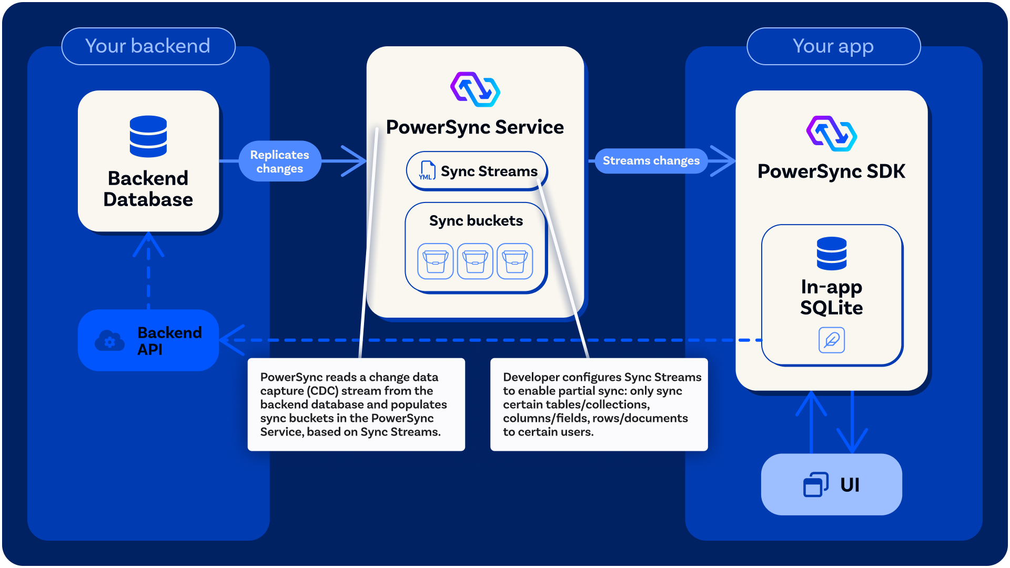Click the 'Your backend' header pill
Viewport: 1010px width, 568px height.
tap(148, 46)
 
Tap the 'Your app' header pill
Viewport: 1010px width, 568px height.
tap(833, 46)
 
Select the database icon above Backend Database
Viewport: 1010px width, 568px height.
tap(148, 136)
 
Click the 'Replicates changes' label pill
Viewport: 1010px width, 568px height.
tap(279, 161)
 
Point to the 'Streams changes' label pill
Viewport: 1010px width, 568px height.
tap(651, 160)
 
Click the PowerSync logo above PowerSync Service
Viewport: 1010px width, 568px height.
tap(475, 89)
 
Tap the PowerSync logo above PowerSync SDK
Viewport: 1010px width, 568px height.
tap(831, 134)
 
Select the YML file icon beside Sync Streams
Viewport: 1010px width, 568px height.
tap(427, 170)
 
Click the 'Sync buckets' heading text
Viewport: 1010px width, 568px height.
tap(476, 220)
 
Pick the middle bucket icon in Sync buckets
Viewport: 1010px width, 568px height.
tap(475, 261)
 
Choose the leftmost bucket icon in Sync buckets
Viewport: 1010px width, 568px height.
tap(436, 261)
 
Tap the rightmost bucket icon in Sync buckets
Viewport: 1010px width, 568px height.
tap(514, 261)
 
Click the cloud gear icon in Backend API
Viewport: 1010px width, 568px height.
tap(109, 341)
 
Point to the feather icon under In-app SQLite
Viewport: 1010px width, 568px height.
tap(831, 340)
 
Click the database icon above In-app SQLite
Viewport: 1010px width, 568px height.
tap(831, 253)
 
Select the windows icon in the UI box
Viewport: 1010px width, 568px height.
tap(815, 484)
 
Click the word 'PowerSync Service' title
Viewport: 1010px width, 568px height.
tap(474, 127)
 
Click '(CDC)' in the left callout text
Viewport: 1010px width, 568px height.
tap(322, 391)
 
